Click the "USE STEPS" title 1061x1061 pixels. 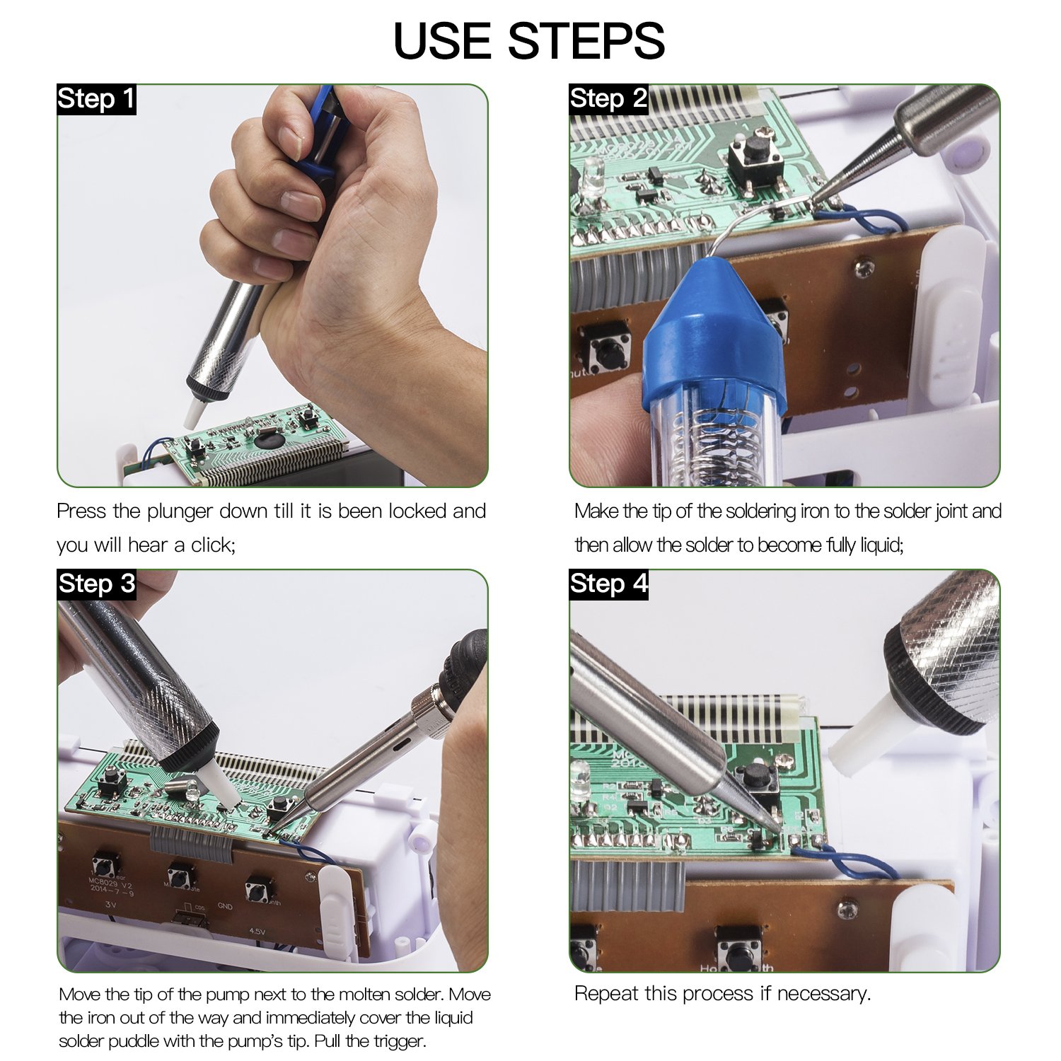(529, 40)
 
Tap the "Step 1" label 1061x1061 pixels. (96, 99)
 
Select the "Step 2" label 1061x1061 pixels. (608, 99)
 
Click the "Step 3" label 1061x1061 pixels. (96, 584)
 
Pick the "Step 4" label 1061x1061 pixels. (608, 584)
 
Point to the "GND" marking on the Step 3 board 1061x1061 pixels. (225, 906)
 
